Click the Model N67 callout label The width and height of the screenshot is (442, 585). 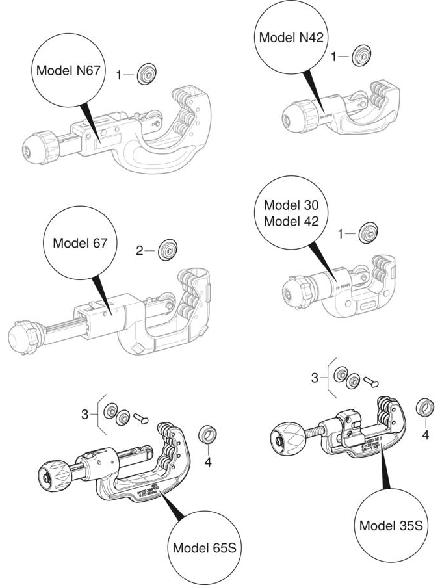tap(68, 70)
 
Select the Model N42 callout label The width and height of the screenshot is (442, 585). tap(291, 37)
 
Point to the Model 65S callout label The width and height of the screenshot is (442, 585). tap(203, 547)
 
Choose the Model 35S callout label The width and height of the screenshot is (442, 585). tap(393, 525)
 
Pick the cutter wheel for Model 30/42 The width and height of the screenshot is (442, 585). tap(370, 233)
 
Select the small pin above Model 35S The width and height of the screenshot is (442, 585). tap(372, 382)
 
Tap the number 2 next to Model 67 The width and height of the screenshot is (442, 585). tap(139, 250)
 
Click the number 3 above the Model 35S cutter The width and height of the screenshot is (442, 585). tap(315, 377)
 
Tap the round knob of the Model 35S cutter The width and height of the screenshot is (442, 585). tap(287, 442)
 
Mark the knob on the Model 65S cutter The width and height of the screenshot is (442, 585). tap(53, 476)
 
